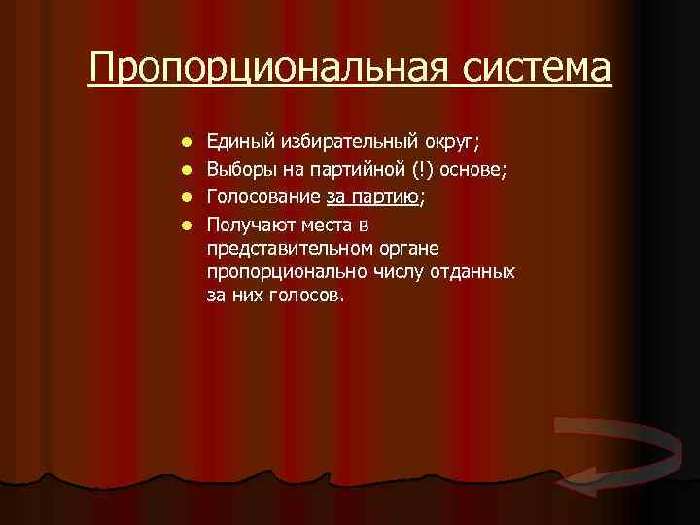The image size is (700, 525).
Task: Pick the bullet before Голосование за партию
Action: coord(188,197)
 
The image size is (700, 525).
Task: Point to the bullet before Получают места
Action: coord(188,223)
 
